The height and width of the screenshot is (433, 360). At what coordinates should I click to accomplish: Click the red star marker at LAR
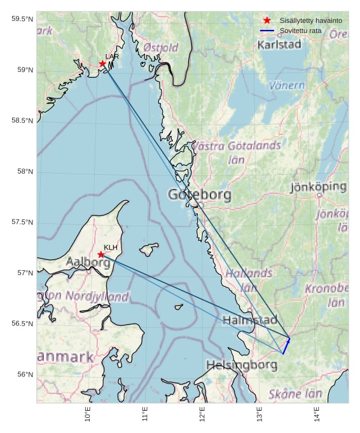pos(102,64)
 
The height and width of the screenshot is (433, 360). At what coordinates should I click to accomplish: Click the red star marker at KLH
pos(101,254)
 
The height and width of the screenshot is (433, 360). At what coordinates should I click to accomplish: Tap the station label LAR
pos(112,57)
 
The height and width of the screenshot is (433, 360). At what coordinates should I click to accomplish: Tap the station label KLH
pos(111,247)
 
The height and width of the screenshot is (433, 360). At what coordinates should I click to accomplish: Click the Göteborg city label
pos(199,195)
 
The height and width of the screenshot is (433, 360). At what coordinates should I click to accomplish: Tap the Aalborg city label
pos(88,262)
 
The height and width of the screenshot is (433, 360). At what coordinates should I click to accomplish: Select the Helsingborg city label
pos(242,365)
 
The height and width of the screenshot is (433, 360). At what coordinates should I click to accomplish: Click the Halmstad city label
pos(250,320)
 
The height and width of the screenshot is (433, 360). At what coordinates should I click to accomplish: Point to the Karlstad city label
pos(279,45)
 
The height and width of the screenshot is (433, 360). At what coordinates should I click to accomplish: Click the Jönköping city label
pos(318,187)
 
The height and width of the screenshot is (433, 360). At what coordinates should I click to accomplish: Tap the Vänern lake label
pos(287,85)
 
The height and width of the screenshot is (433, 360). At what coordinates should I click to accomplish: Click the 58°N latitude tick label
pos(23,172)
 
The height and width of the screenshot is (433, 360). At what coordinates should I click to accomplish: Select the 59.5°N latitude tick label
pos(22,19)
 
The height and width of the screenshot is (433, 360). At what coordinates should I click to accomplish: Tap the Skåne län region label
pos(295,394)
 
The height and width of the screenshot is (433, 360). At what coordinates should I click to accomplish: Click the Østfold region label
pos(161,48)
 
